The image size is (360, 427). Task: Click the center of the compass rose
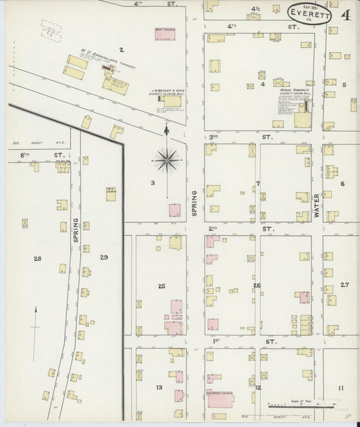pos(166,160)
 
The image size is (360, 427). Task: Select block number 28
pos(37,258)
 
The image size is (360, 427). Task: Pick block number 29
pos(103,257)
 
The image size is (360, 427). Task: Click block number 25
pos(161,286)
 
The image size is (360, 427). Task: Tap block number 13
pos(159,387)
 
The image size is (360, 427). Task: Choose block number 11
pos(341,387)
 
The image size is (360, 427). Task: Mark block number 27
pos(344,284)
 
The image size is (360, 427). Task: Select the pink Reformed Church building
pos(220,399)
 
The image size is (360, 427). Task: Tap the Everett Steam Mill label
pos(291,93)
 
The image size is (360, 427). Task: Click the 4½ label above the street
pos(255,9)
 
